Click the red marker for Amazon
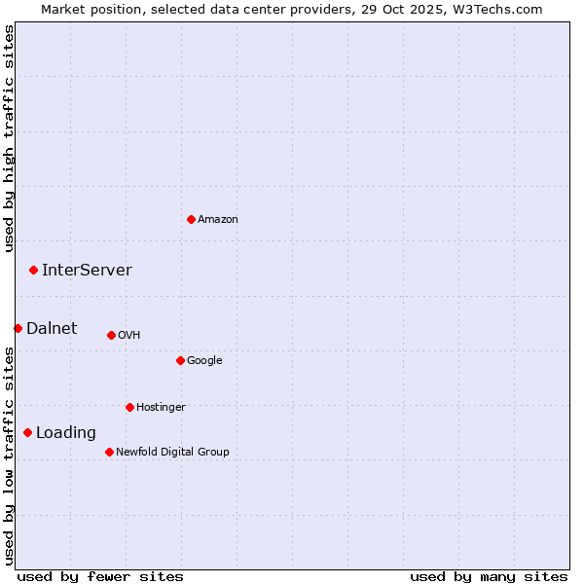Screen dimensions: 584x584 [x=191, y=219]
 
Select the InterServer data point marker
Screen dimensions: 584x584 [x=33, y=270]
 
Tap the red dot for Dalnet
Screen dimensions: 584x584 [x=18, y=328]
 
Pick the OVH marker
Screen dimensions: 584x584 [x=111, y=335]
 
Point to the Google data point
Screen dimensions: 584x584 [x=180, y=360]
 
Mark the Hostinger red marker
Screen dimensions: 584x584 [x=129, y=407]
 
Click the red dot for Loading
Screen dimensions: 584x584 [x=27, y=432]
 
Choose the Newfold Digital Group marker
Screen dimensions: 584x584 [x=109, y=452]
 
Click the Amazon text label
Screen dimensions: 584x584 [x=218, y=220]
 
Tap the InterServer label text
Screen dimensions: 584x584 [x=87, y=271]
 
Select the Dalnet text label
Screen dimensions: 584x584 [x=52, y=329]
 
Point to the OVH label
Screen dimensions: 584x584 [x=129, y=336]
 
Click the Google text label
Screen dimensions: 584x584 [x=204, y=361]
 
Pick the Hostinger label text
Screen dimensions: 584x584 [x=161, y=408]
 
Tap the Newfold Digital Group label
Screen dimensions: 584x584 [x=172, y=453]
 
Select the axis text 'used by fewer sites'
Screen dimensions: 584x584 [x=100, y=576]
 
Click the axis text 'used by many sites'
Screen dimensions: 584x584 [x=489, y=576]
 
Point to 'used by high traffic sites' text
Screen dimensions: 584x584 [x=9, y=138]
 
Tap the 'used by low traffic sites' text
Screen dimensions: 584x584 [x=9, y=455]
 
